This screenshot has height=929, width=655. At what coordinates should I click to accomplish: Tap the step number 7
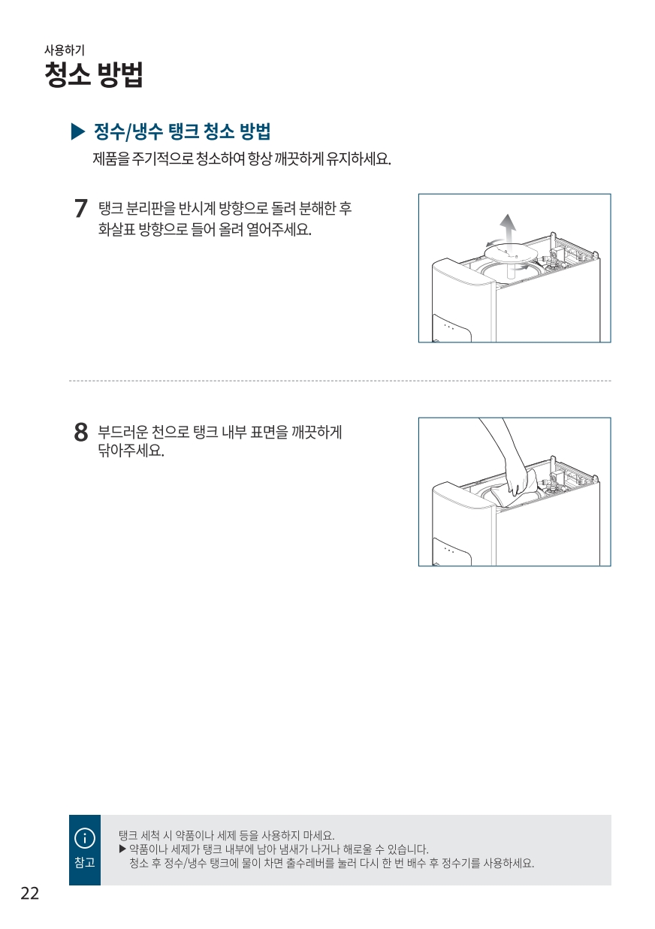click(81, 208)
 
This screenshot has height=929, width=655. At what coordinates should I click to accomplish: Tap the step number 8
click(81, 432)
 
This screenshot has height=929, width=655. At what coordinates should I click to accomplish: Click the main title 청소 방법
click(94, 74)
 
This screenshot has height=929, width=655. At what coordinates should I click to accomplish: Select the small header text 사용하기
click(65, 50)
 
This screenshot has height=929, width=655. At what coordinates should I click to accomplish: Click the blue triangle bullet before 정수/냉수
click(78, 132)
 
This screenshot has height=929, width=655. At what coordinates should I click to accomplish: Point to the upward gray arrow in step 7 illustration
click(507, 229)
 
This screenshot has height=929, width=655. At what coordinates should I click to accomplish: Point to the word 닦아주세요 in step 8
click(131, 450)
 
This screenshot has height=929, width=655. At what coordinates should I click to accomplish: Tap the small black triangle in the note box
click(122, 849)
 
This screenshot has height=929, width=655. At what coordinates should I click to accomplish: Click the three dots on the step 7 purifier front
click(449, 327)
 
